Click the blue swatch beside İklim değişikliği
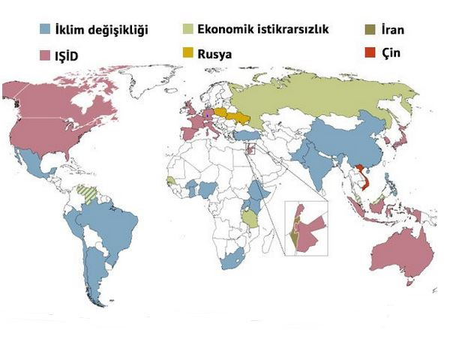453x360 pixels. click(46, 31)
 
